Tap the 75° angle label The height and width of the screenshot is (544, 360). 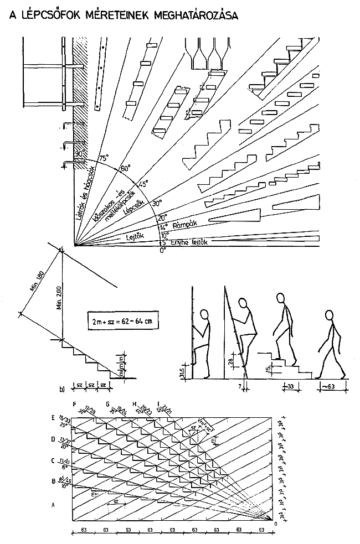point(102,158)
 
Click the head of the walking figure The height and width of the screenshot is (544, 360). point(331,316)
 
